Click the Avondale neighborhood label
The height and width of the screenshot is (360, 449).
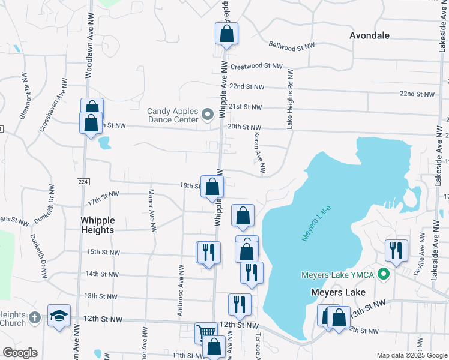coord(369,35)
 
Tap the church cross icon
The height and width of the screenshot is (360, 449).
coord(35,317)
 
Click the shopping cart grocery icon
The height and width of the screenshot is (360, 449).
coord(205,332)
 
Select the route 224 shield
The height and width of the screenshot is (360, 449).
coord(83,181)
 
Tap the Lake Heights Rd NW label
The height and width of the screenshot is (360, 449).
coord(289,98)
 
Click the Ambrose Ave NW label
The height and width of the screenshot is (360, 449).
coord(180,280)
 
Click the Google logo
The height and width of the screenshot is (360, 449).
coord(20,353)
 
